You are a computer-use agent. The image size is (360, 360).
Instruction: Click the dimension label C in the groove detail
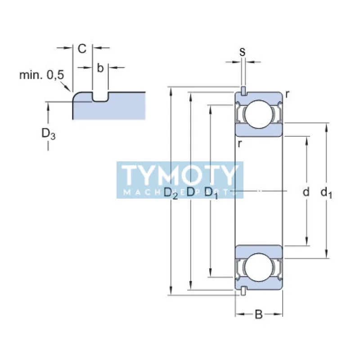(82, 49)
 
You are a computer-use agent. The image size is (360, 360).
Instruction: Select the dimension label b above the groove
(100, 68)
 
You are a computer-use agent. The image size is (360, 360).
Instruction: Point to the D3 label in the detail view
(49, 133)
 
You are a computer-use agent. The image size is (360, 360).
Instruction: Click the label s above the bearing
(243, 52)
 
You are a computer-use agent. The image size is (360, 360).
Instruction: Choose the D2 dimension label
(171, 193)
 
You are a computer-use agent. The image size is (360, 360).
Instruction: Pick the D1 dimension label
(211, 193)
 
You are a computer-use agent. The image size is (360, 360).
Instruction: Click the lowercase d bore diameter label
(306, 192)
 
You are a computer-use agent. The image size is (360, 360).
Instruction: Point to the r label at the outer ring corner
(287, 94)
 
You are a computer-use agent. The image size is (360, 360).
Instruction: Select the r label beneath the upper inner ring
(240, 144)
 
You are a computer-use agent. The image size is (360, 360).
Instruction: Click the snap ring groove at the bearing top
(243, 91)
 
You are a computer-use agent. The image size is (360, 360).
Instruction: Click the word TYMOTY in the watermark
(180, 175)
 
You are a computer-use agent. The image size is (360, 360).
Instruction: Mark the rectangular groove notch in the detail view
(100, 97)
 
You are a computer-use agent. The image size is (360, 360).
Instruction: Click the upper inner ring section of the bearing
(259, 130)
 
